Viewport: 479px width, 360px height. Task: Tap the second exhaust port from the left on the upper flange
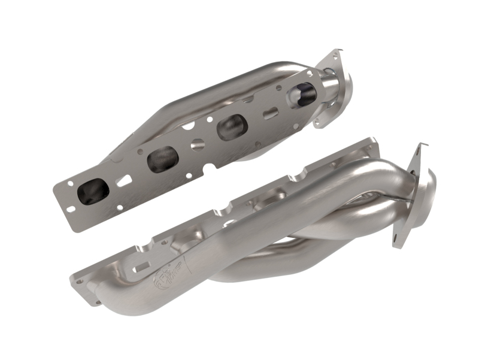(162, 159)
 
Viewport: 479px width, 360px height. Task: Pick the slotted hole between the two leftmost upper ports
(125, 179)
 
